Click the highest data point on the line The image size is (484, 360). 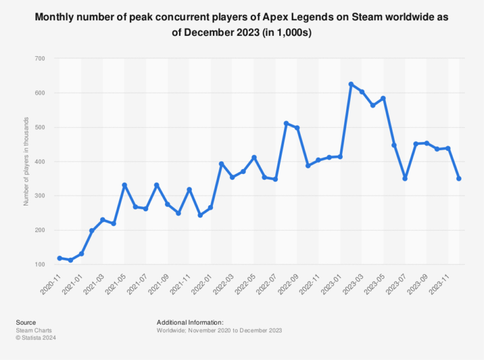[351, 84]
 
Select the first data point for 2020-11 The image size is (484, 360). [59, 258]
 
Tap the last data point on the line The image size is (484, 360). [459, 178]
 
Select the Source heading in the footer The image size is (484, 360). [26, 322]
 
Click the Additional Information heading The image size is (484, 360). [190, 322]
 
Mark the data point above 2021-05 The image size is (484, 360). [124, 185]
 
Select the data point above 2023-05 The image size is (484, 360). [383, 98]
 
